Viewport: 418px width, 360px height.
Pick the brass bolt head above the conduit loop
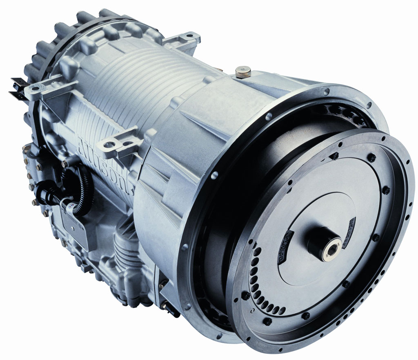point(64,164)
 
